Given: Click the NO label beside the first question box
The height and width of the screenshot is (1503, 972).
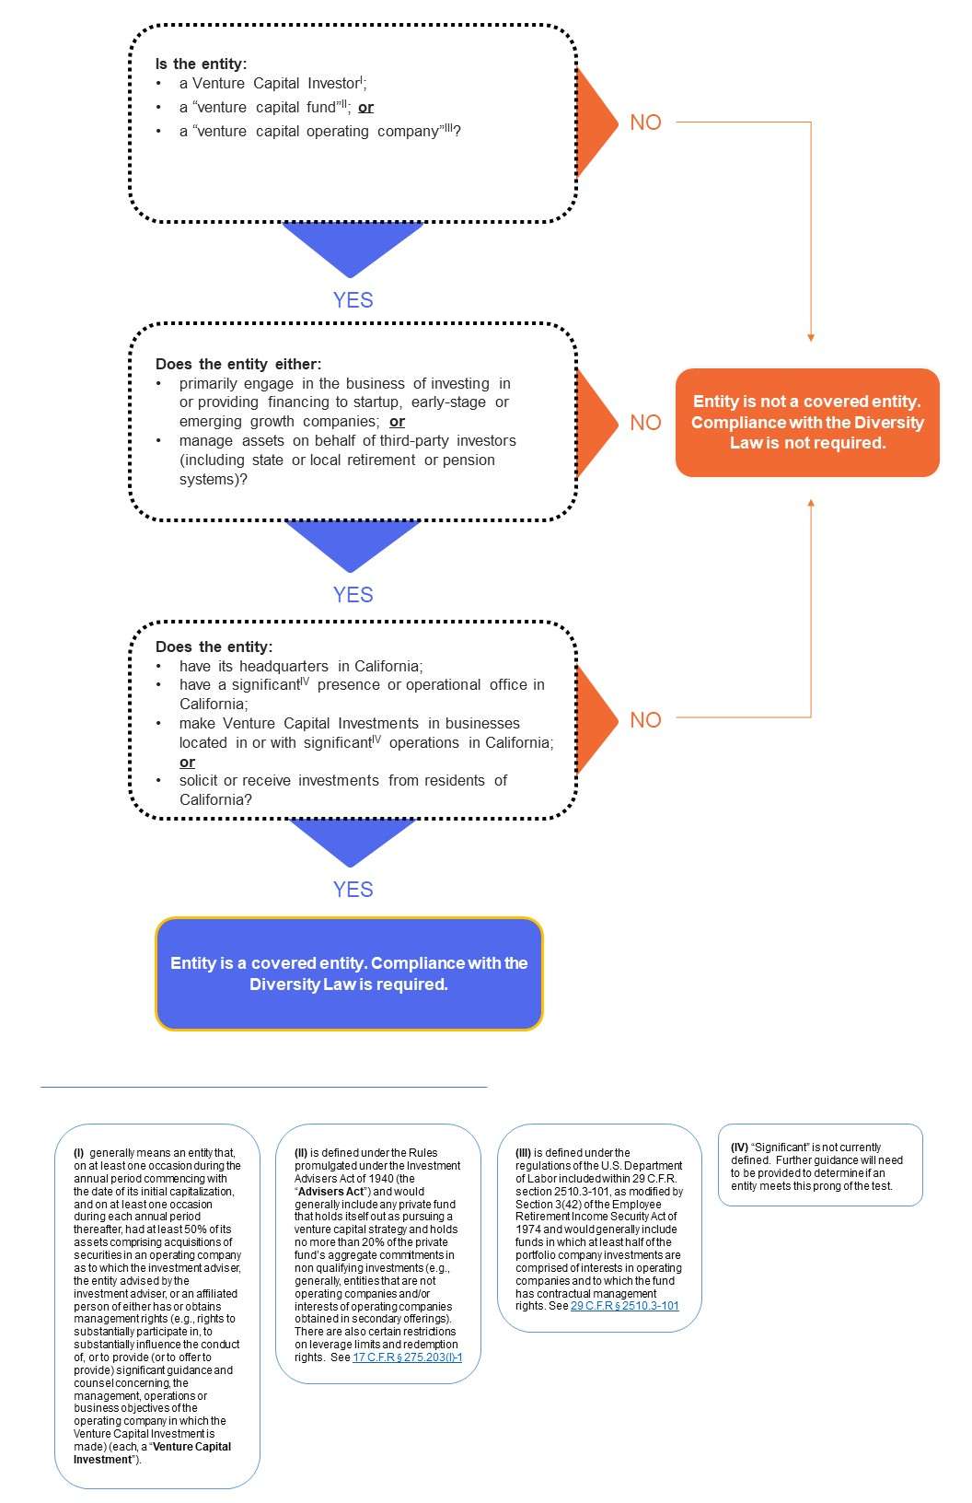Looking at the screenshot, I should click(x=645, y=122).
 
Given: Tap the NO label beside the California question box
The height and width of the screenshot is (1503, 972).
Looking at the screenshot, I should click(x=645, y=720).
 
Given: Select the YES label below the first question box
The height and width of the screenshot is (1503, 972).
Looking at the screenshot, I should click(x=353, y=300).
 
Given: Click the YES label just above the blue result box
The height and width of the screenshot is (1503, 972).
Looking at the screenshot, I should click(x=353, y=890).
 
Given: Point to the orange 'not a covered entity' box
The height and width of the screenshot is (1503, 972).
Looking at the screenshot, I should click(x=807, y=423).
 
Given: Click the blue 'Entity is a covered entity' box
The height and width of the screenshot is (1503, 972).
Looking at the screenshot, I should click(x=349, y=973).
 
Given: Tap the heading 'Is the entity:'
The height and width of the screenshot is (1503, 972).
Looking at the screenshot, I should click(x=201, y=64).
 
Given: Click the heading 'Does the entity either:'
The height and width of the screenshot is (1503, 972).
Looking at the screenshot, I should click(x=238, y=364).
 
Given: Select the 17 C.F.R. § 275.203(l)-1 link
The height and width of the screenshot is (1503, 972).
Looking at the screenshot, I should click(x=407, y=1357).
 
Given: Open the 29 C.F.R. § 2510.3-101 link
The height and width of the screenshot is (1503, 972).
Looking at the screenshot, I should click(x=624, y=1306).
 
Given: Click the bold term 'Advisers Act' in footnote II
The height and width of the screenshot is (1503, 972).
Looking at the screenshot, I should click(x=330, y=1191).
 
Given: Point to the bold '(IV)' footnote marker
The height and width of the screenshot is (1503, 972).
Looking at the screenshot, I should click(x=739, y=1148).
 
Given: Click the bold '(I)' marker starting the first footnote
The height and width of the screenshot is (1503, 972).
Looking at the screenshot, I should click(x=79, y=1153).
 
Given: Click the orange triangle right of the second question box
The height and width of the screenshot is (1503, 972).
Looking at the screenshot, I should click(x=596, y=423).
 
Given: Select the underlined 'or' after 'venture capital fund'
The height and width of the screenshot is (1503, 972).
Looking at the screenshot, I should click(x=365, y=108).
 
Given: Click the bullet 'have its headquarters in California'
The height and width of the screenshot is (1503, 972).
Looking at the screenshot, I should click(x=300, y=666).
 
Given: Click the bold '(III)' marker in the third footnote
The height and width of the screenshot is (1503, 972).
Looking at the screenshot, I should click(x=523, y=1153).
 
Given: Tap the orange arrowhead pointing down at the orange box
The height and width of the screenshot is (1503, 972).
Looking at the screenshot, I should click(x=811, y=337).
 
